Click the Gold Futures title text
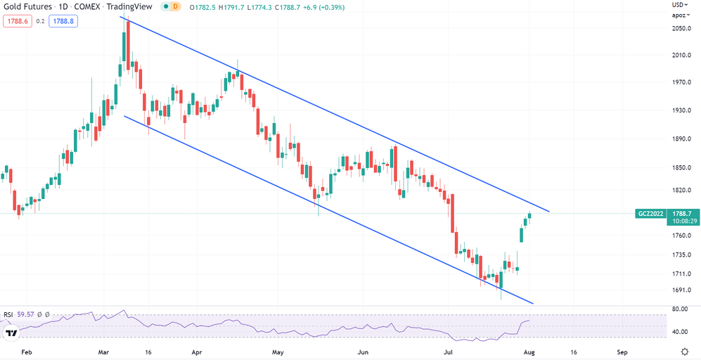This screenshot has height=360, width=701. coord(29,6)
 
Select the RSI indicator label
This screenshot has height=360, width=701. coord(9,314)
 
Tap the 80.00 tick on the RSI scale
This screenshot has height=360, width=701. coord(679,309)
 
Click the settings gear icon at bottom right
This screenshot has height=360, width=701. coord(685,350)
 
